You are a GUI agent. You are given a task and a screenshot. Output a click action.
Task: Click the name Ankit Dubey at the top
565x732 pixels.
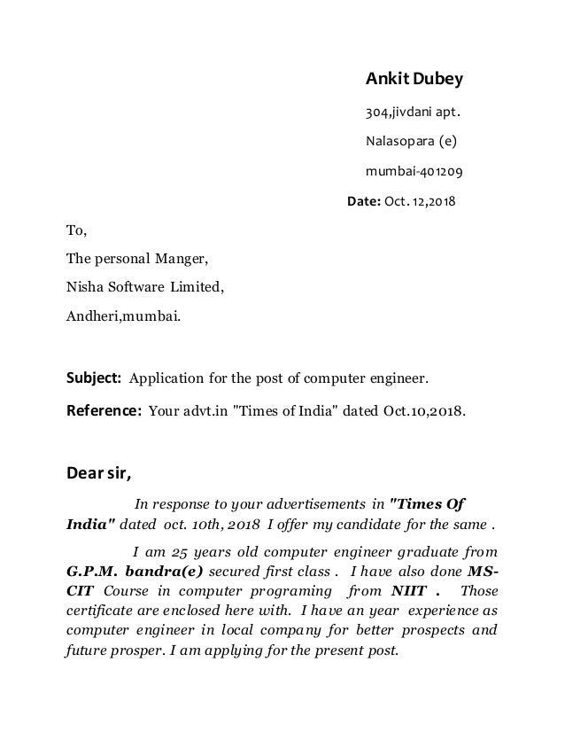click(x=414, y=81)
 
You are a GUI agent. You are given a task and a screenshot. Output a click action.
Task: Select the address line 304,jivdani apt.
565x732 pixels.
click(x=413, y=113)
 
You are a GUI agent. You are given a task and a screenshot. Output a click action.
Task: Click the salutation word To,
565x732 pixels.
click(x=78, y=232)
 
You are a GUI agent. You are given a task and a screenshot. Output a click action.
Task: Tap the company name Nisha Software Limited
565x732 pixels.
click(x=145, y=287)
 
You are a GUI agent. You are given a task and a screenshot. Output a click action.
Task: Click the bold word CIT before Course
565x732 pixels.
click(x=81, y=591)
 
